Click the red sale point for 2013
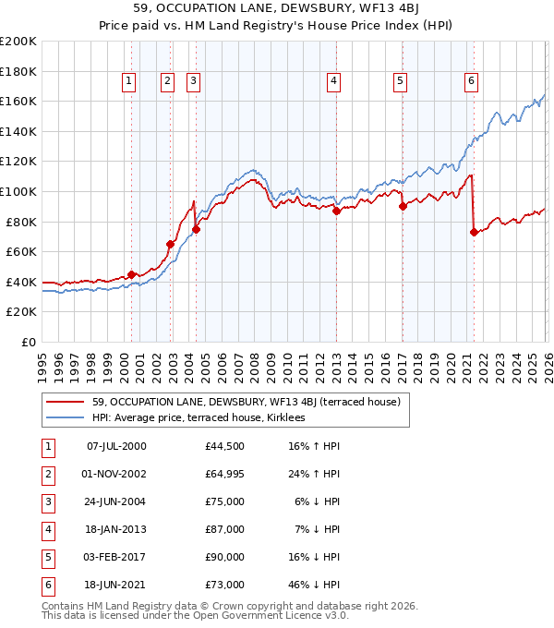point(336,211)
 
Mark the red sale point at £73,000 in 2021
point(474,232)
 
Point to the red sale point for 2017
point(403,207)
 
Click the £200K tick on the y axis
point(18,42)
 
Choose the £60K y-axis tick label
point(21,251)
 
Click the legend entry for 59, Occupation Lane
point(246,403)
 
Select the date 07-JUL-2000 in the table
point(115,446)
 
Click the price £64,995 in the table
point(225,474)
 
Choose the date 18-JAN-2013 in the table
point(115,529)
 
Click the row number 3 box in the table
point(45,501)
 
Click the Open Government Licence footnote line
point(196,615)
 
